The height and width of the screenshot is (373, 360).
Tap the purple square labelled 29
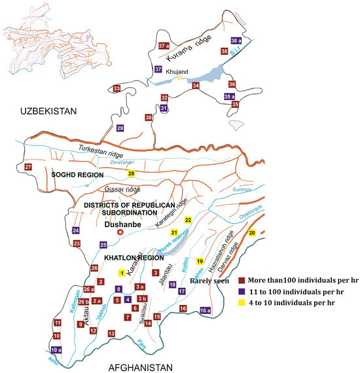120,128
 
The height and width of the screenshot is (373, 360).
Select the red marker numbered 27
27,168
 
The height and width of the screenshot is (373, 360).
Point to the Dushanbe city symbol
119,232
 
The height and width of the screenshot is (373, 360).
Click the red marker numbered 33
117,88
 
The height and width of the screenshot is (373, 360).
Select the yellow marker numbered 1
121,273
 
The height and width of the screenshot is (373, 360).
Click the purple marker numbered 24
77,230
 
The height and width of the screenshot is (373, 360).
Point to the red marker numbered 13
112,334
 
